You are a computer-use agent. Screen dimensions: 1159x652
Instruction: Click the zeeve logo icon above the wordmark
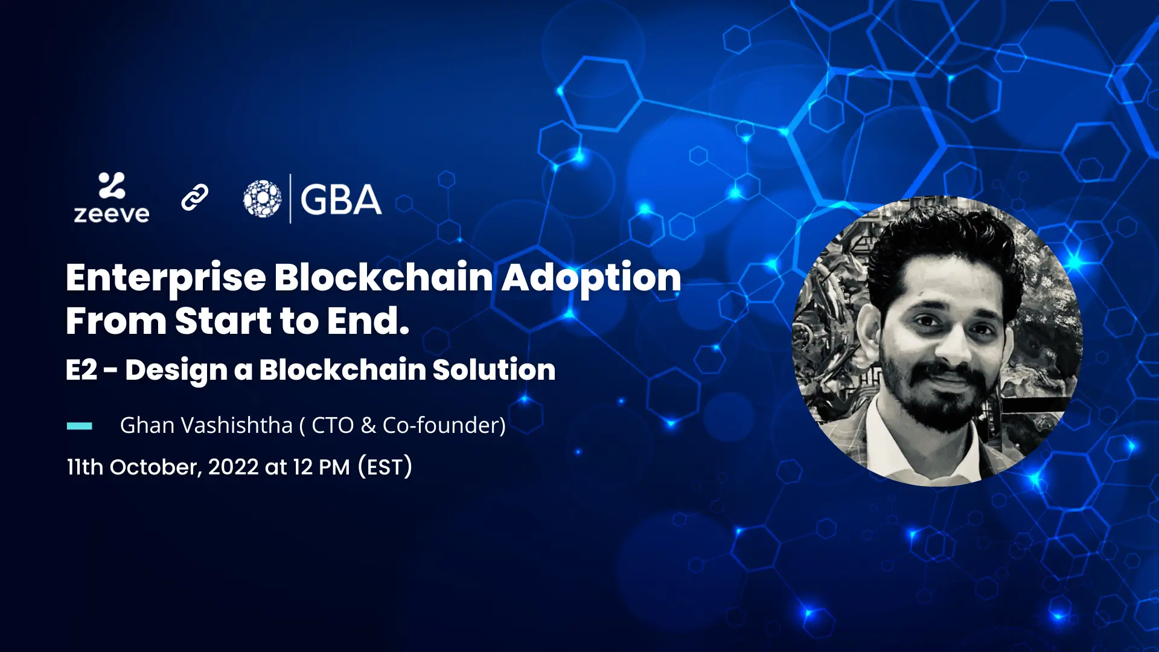[112, 185]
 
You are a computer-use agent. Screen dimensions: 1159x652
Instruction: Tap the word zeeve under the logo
[112, 214]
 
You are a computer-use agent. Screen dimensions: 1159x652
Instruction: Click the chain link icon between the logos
[194, 197]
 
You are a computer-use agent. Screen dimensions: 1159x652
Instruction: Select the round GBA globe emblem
[262, 199]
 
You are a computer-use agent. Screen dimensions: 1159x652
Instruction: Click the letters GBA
[341, 199]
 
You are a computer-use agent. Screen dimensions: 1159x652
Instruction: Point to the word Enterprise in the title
[166, 279]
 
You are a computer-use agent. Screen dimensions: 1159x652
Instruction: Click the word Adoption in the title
[592, 279]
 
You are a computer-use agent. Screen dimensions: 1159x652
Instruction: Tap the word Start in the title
[223, 321]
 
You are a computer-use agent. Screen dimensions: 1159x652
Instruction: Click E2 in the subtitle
[81, 369]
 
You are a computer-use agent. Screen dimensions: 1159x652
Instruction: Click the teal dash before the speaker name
[79, 426]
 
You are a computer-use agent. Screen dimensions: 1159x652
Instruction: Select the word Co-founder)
[444, 425]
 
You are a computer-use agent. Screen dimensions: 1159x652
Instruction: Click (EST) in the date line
[385, 467]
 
